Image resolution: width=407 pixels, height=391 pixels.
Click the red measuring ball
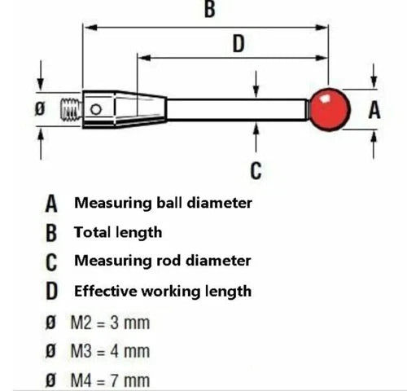pos(330,110)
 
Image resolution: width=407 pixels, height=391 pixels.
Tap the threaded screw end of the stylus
pos(71,110)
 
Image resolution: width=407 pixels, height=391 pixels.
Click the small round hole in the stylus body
pos(96,109)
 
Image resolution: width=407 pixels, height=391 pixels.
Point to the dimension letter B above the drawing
pos(210,9)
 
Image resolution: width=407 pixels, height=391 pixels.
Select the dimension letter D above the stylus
pos(239,43)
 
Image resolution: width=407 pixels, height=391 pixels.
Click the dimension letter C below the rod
pos(256,170)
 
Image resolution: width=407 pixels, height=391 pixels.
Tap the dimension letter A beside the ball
pos(374,110)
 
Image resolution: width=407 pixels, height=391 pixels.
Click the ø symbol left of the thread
pos(40,109)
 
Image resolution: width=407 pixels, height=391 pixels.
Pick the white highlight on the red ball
pos(324,99)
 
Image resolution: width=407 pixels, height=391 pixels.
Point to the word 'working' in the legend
pos(173,292)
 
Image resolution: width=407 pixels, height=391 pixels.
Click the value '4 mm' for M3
pos(130,351)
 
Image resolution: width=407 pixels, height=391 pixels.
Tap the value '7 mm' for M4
pos(130,380)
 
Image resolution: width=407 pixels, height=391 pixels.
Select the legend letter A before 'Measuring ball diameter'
pos(51,204)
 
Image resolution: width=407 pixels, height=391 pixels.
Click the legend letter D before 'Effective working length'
pos(51,291)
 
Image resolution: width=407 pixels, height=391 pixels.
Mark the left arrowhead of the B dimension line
pos(90,28)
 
